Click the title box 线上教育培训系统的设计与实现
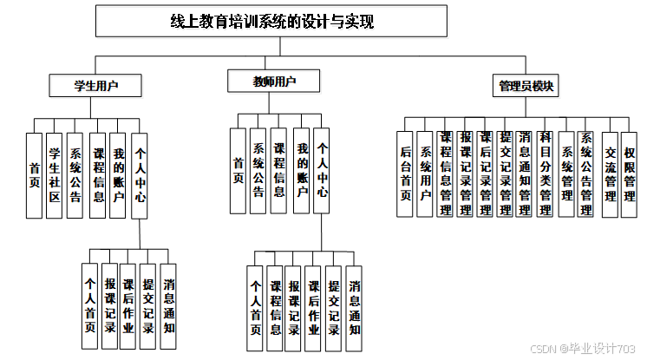point(272,22)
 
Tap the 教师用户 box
point(274,82)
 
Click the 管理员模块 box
point(526,86)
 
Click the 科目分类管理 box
point(545,173)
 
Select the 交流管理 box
point(610,173)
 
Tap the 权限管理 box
point(630,173)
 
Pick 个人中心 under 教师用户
point(321,170)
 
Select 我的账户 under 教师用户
point(301,170)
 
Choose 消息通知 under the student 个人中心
point(168,305)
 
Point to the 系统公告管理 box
point(586,173)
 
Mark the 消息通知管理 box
point(525,173)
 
